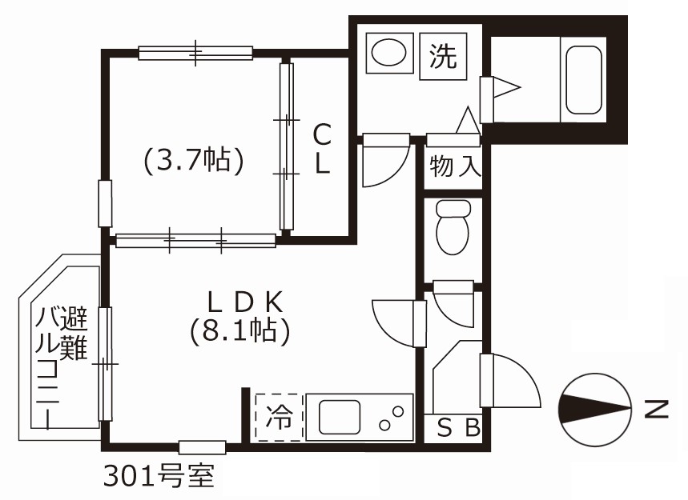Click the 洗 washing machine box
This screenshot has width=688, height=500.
(x=442, y=56)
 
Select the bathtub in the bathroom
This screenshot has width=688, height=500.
(x=584, y=79)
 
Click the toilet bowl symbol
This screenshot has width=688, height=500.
(x=452, y=227)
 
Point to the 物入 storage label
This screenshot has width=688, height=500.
(x=454, y=167)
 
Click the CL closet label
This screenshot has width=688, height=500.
(x=321, y=148)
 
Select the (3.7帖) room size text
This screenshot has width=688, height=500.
(x=193, y=161)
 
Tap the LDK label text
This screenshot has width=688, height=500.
(x=244, y=302)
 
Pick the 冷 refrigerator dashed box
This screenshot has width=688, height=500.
(x=278, y=417)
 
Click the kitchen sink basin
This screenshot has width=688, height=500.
(x=340, y=417)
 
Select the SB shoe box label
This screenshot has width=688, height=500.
(x=458, y=428)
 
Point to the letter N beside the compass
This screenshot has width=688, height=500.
(x=656, y=410)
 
